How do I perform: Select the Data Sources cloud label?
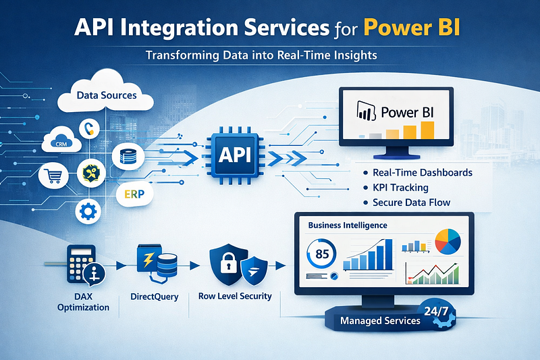coord(107,95)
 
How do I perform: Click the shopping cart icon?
coord(55,177)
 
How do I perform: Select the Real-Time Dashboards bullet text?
coord(422,172)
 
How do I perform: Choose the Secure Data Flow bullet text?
coord(411,202)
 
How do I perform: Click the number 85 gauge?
coord(321,256)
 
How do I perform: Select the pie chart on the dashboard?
coord(447,240)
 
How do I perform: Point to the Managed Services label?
coord(380,320)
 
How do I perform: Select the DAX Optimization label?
coord(84,302)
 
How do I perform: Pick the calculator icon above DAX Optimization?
coord(81,264)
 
